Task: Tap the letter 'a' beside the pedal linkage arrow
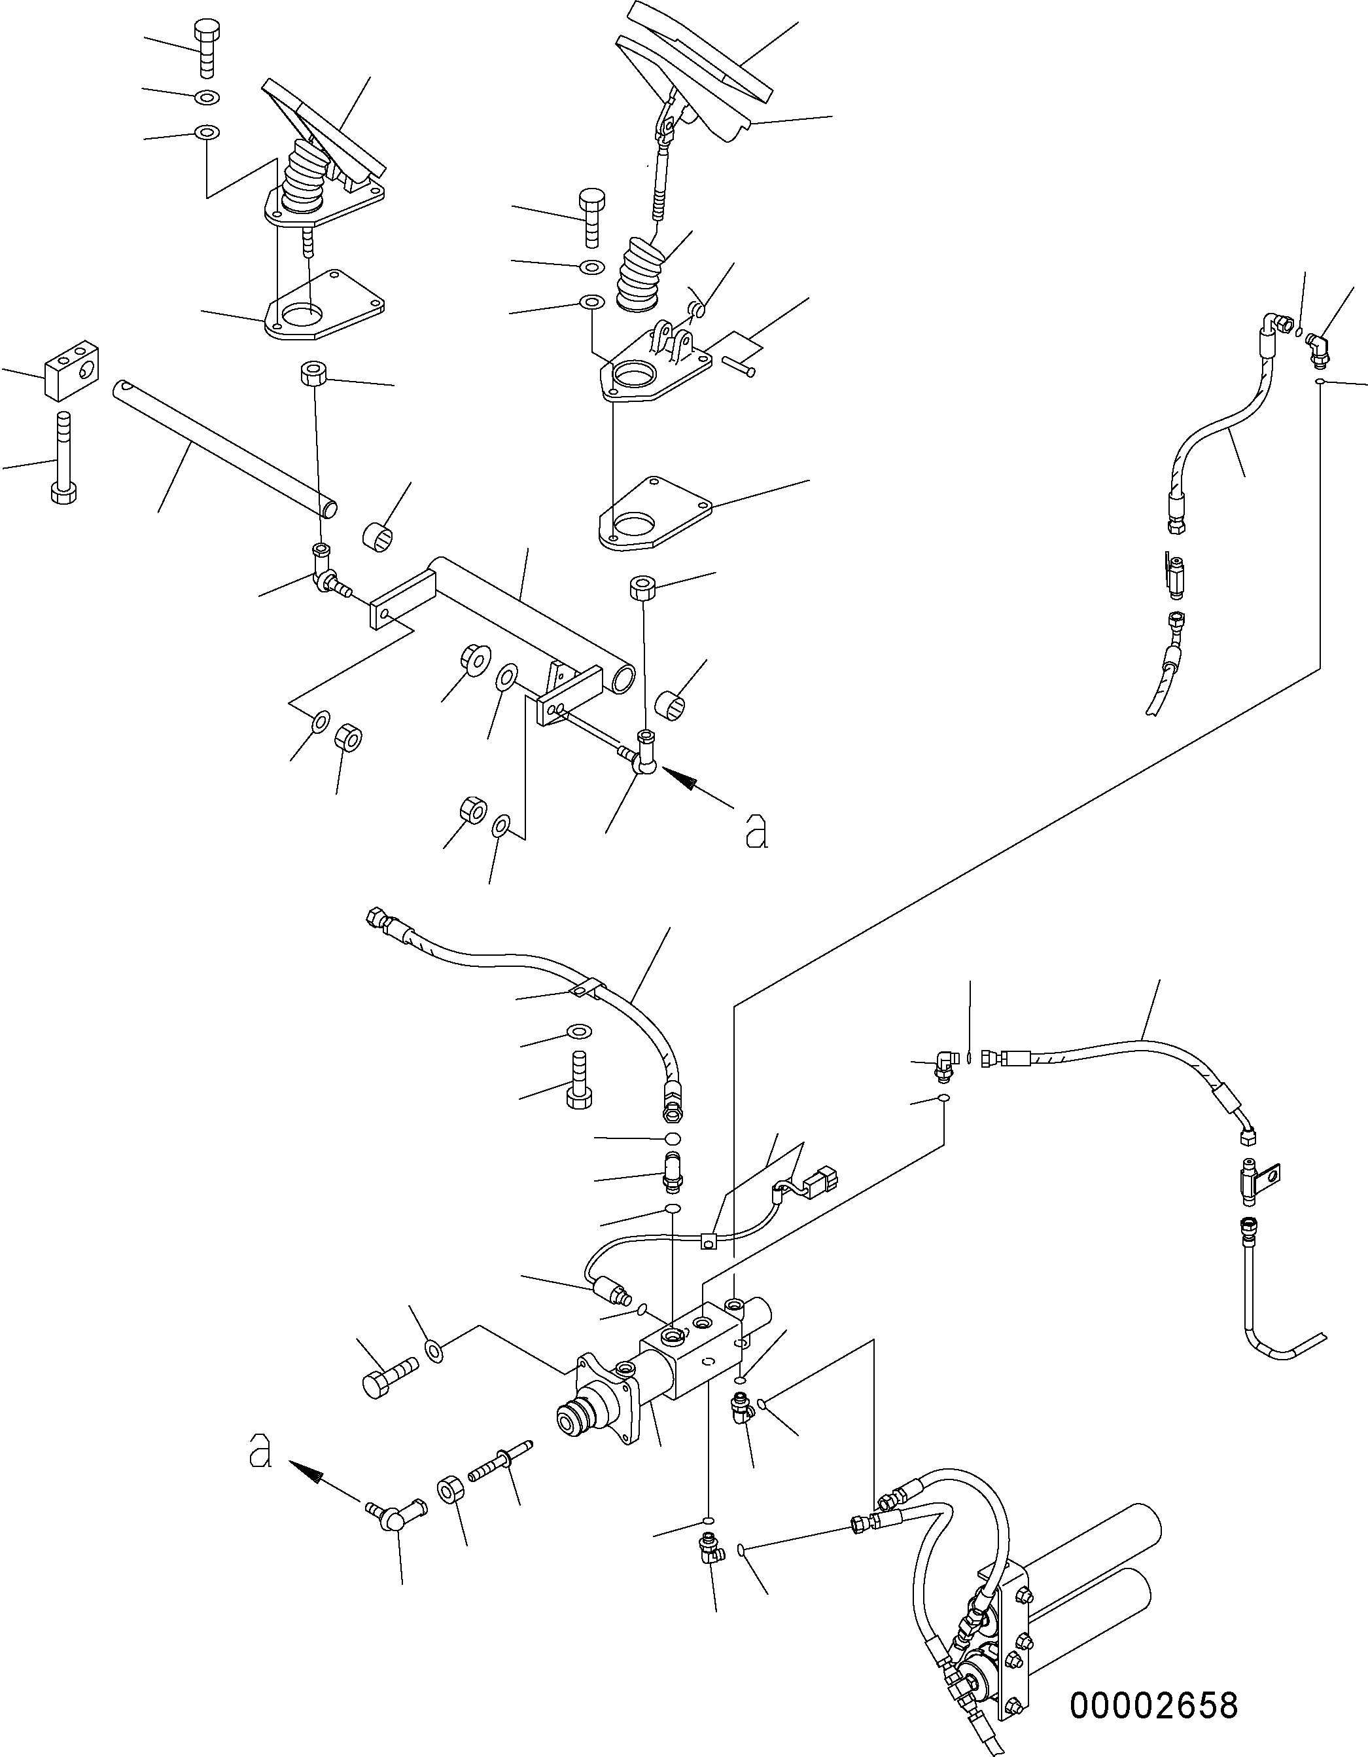pos(756,831)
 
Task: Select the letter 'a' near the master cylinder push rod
pos(260,1450)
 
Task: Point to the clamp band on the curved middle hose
pos(580,988)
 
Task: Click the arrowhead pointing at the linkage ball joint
pos(677,777)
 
